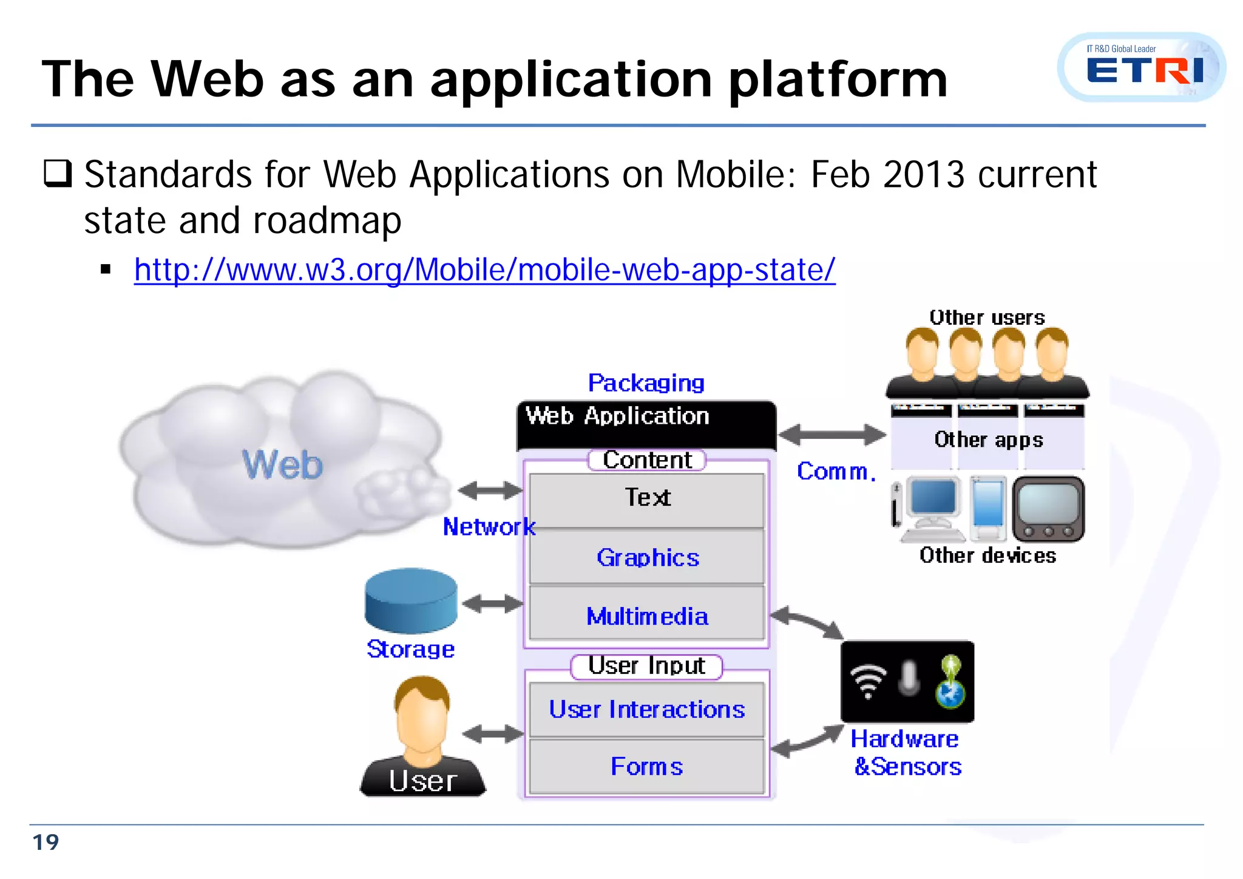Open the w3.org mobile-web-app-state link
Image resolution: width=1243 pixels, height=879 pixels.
tap(484, 270)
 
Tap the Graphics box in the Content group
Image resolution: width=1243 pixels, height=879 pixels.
tap(647, 557)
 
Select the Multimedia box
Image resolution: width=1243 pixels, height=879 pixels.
tap(647, 616)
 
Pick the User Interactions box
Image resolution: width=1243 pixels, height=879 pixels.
tap(647, 709)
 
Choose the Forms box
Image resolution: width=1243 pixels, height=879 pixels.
tap(647, 766)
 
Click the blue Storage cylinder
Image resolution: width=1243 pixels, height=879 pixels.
tap(410, 601)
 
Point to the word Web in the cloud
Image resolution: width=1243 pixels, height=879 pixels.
tap(283, 465)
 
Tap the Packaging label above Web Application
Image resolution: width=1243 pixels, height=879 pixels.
tap(646, 383)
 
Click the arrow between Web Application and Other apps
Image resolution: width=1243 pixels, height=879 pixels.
tap(832, 435)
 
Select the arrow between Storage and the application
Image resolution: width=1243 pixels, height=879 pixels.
tap(492, 603)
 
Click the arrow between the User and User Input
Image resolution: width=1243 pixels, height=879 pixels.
tap(492, 735)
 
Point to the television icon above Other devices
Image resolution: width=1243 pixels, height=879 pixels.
tap(1048, 509)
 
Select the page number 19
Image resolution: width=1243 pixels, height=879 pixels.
tap(46, 843)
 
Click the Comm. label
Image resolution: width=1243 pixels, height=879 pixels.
tap(836, 471)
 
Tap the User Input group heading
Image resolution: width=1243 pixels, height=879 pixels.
tap(647, 666)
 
